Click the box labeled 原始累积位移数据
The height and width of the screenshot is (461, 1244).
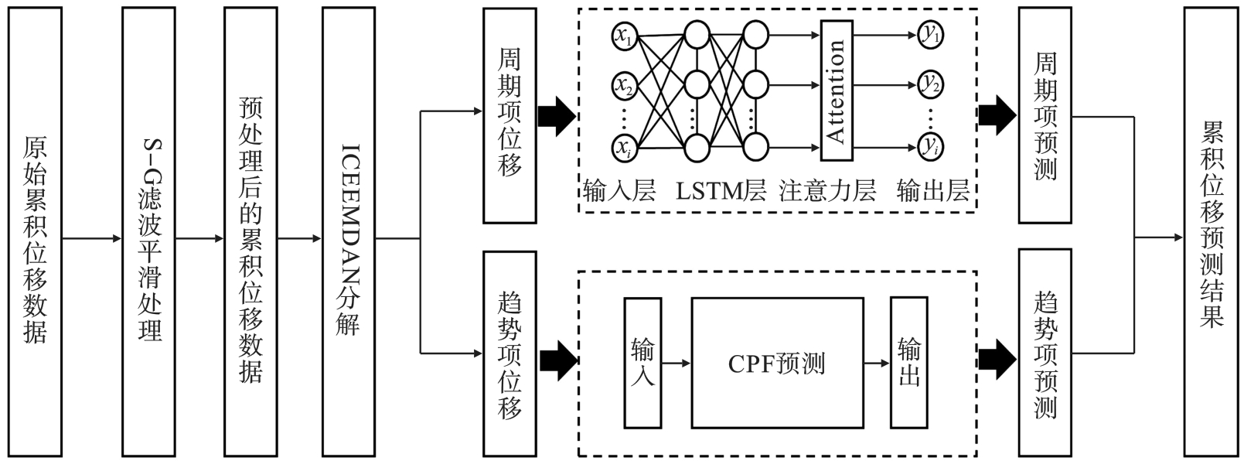(x=36, y=232)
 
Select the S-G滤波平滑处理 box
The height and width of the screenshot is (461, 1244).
(x=149, y=232)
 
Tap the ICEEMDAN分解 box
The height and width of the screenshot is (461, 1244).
(x=349, y=232)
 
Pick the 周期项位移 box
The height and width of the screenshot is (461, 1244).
(x=510, y=116)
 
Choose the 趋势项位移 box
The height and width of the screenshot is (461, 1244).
(x=510, y=353)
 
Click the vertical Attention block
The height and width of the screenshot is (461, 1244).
(x=836, y=90)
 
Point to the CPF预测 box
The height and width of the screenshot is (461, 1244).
(x=776, y=363)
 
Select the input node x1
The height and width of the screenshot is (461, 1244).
(x=624, y=35)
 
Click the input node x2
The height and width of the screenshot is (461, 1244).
(x=624, y=84)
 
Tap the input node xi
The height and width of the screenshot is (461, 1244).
(x=624, y=147)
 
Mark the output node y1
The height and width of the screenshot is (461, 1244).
(x=931, y=35)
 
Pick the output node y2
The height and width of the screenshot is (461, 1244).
(x=931, y=84)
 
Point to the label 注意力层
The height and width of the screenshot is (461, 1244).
(x=827, y=191)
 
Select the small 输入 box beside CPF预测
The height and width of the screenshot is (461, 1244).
(x=642, y=363)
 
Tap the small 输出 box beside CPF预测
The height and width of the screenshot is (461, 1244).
(x=909, y=363)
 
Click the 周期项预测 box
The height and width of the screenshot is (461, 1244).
(x=1045, y=116)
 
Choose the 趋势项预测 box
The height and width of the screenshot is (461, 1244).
(x=1045, y=353)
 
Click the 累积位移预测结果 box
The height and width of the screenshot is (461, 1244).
(x=1212, y=232)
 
